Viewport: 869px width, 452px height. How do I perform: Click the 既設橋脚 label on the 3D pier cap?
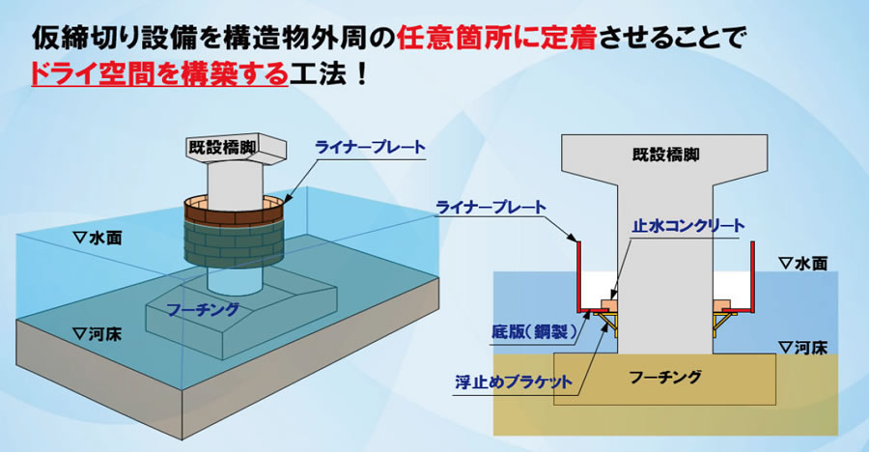click(222, 148)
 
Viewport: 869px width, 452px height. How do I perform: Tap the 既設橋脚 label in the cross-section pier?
click(665, 155)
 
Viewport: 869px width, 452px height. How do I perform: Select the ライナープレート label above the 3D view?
click(370, 148)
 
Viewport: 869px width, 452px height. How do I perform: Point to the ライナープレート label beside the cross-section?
click(491, 208)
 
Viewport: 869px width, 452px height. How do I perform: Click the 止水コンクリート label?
click(688, 226)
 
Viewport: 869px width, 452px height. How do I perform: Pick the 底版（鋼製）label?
click(535, 332)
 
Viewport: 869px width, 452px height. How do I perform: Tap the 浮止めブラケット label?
click(514, 382)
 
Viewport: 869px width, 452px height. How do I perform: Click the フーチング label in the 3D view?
click(203, 309)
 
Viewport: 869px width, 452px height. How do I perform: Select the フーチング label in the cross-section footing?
click(665, 378)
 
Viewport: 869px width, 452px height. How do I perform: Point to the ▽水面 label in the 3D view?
click(98, 238)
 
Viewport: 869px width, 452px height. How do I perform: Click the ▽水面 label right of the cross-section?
click(802, 264)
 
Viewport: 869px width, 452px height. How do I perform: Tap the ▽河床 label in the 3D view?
click(98, 334)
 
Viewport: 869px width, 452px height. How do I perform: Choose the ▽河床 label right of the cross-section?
click(802, 348)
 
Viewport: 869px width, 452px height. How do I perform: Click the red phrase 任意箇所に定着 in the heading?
click(496, 40)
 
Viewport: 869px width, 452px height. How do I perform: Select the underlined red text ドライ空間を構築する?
click(160, 74)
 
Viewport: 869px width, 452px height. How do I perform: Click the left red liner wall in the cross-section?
click(577, 276)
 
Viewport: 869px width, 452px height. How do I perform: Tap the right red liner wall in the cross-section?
click(753, 276)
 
